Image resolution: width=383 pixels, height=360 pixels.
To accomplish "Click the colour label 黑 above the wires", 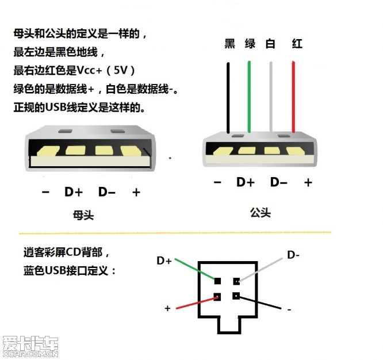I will (229, 44).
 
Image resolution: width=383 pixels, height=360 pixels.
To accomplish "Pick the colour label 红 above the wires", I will (297, 44).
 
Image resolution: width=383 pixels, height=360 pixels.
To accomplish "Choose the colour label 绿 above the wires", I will (250, 44).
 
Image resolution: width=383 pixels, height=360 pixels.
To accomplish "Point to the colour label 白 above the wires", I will (271, 44).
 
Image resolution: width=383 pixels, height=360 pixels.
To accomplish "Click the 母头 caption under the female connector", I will (84, 216).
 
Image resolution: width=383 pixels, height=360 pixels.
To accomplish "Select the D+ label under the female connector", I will (73, 192).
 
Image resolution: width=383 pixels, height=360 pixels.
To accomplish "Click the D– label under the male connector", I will (279, 182).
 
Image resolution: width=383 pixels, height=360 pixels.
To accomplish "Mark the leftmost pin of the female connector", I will (46, 151).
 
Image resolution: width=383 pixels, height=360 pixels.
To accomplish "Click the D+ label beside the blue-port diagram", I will (164, 261).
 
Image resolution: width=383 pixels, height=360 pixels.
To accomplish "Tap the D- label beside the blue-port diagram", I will (293, 254).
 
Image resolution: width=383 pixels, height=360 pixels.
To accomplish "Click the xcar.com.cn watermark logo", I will (30, 346).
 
